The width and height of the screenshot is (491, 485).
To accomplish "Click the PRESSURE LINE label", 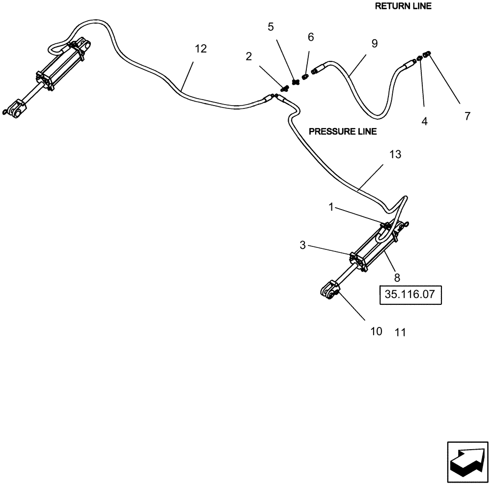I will [x=342, y=132].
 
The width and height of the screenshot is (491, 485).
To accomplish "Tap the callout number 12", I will [x=200, y=49].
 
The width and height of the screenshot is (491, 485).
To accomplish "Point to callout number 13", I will [x=395, y=155].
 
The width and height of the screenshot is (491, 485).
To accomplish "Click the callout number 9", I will [x=374, y=44].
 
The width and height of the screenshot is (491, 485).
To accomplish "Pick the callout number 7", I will [x=467, y=116].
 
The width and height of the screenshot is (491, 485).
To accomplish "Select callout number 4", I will [x=424, y=121].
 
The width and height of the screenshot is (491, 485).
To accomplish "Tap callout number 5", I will [x=271, y=27].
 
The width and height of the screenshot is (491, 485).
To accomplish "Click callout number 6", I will [x=310, y=37].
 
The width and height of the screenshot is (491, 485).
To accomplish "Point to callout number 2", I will [x=249, y=56].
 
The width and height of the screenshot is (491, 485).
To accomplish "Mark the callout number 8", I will [x=397, y=277].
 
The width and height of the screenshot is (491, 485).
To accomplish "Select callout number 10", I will [x=376, y=331].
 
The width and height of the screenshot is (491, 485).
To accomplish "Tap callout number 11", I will [x=400, y=332].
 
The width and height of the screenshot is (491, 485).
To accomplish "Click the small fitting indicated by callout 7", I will [x=427, y=54].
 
